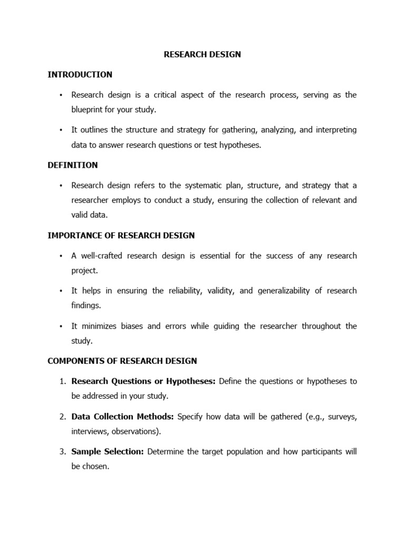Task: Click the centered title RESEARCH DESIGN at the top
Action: (202, 54)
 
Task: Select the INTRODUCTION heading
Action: (80, 74)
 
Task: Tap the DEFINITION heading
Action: (73, 165)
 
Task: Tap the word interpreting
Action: (335, 130)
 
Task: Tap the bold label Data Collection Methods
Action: (123, 417)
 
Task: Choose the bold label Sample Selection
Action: (108, 451)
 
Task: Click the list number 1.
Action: (61, 381)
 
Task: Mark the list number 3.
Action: (61, 451)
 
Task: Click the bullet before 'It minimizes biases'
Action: (61, 326)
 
